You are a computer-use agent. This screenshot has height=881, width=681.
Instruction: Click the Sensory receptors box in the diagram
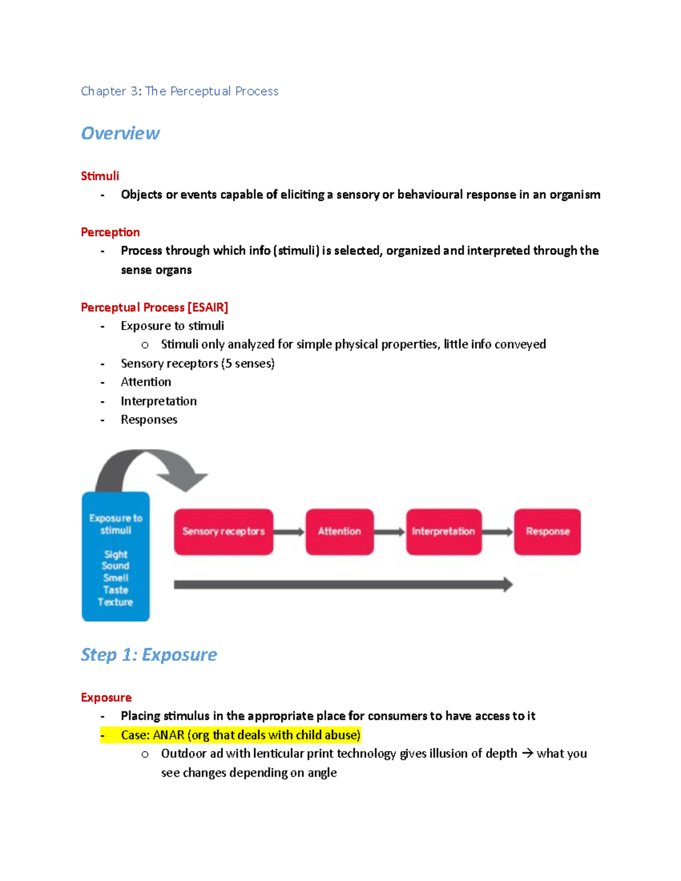coord(224,532)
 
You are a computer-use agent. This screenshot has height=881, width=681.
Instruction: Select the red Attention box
coord(339,532)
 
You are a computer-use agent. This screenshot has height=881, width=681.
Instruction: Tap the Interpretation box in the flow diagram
coord(444,532)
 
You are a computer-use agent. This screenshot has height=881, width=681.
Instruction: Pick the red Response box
coord(547,532)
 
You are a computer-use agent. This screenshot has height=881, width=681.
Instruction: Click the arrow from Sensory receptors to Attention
coord(289,532)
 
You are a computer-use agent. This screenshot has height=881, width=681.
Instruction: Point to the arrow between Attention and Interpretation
coord(390,532)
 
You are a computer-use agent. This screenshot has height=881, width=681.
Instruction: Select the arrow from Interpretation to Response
coord(498,532)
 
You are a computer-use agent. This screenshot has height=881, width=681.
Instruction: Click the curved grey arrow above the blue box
coord(150,468)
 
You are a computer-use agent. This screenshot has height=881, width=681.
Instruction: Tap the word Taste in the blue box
coord(116,590)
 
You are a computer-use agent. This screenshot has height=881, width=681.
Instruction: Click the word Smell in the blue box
coord(116,578)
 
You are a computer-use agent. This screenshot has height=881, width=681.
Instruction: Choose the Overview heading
coord(120,133)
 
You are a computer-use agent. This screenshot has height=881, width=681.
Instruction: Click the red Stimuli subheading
coord(100,176)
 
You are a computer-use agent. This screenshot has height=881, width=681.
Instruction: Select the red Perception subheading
coord(110,232)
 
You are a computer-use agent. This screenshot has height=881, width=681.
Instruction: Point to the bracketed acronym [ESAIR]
coord(208,307)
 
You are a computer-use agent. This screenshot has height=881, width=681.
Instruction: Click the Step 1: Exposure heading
coord(149,655)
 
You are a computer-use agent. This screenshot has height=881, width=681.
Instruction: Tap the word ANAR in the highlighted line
coord(169,735)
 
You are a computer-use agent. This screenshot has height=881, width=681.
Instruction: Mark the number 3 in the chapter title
coord(134,91)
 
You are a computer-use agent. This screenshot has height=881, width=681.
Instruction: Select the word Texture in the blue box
coord(115,602)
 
